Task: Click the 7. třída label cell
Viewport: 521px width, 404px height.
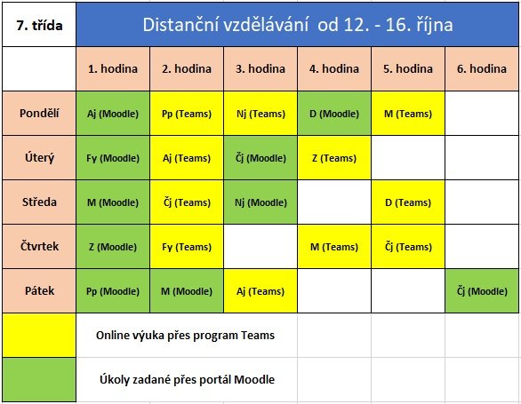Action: point(39,25)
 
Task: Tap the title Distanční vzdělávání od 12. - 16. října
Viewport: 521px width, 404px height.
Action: point(298,25)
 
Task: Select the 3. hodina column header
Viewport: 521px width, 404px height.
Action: point(260,68)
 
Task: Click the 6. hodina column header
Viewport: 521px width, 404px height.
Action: point(482,68)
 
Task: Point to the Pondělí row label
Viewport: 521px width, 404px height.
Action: point(39,113)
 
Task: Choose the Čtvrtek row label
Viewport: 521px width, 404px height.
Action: point(39,246)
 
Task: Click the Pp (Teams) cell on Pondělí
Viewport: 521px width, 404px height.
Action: point(187,113)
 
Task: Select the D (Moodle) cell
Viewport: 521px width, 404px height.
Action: point(334,113)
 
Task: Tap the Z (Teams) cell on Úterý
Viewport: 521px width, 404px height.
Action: point(334,158)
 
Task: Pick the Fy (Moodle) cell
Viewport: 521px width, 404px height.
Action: point(113,158)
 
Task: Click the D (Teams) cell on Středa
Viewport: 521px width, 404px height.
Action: point(408,202)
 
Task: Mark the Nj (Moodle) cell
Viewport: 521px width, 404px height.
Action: point(260,202)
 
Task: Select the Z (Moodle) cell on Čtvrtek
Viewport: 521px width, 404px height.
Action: point(113,246)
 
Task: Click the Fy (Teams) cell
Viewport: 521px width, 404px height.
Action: point(187,246)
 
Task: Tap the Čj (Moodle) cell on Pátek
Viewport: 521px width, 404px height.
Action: point(482,291)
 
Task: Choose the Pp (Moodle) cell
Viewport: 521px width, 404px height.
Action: point(113,291)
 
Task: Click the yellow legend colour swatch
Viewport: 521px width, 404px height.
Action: point(39,336)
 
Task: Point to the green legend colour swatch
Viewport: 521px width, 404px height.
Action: point(39,380)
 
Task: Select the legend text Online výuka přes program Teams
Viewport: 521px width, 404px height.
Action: point(186,336)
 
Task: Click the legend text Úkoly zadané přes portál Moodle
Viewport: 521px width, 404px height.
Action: point(187,379)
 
